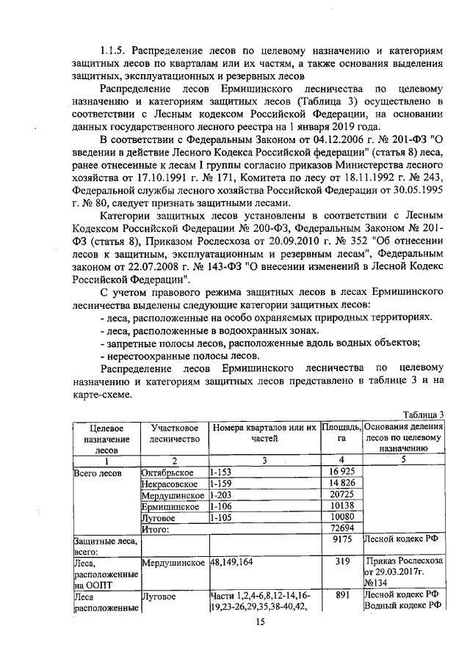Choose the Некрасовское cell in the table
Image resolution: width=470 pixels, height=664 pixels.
point(170,483)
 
